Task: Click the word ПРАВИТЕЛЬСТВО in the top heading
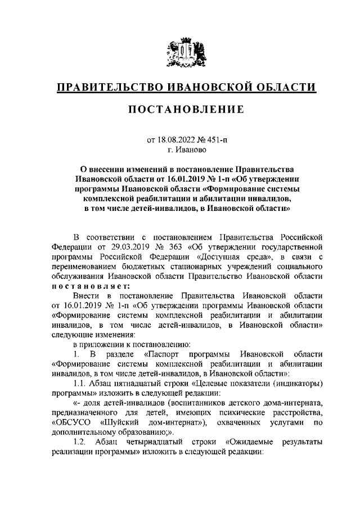pos(108,87)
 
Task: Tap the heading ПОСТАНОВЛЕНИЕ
pos(180,109)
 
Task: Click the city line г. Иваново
pos(180,149)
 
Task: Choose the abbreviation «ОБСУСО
pos(70,422)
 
